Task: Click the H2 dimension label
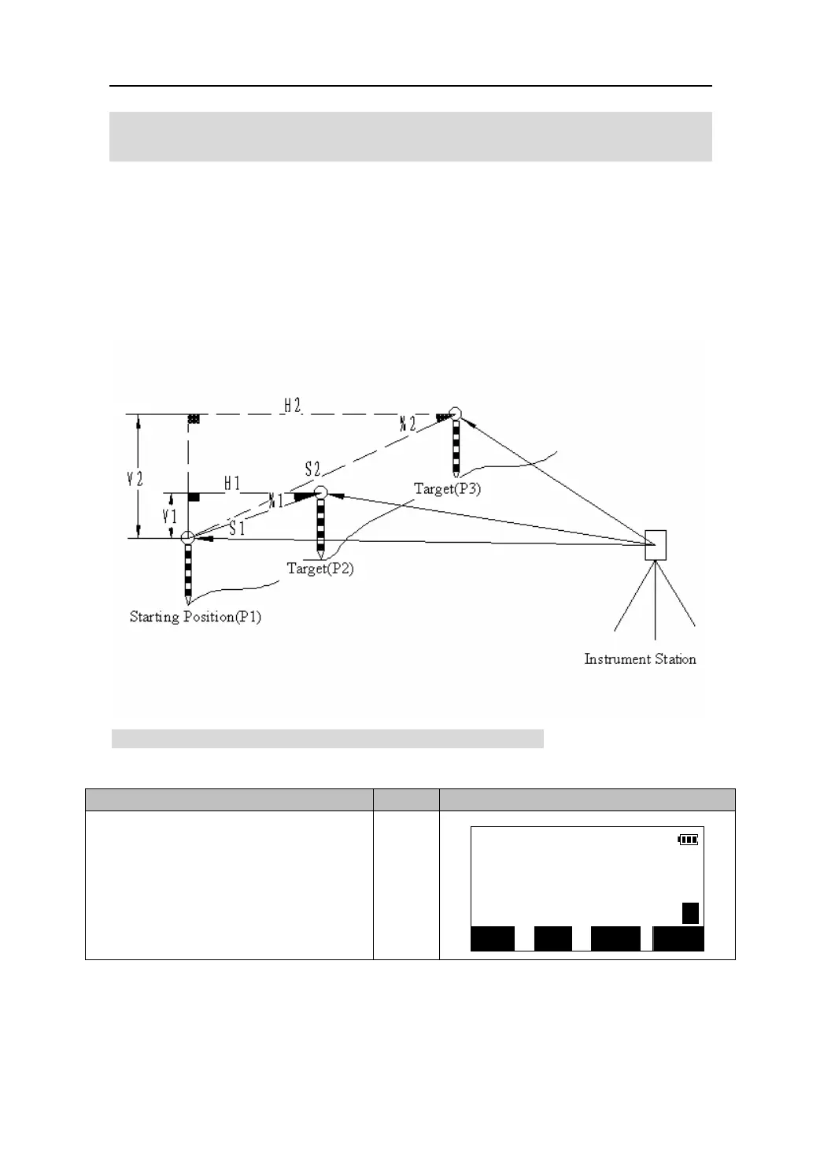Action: [293, 406]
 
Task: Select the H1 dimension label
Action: [232, 484]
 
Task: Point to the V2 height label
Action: [135, 477]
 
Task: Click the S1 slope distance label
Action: [237, 529]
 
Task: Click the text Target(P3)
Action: [447, 488]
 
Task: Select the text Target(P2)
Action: [320, 568]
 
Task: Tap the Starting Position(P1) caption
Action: [195, 617]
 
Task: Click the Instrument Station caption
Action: [640, 659]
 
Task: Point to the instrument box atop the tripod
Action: [656, 545]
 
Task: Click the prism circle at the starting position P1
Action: [187, 538]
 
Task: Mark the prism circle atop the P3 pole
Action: [455, 414]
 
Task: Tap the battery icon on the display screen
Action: [688, 840]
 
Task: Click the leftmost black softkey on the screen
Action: [492, 939]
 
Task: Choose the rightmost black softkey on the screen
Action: [678, 939]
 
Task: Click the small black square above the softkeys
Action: [690, 913]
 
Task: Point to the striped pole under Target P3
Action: [456, 449]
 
